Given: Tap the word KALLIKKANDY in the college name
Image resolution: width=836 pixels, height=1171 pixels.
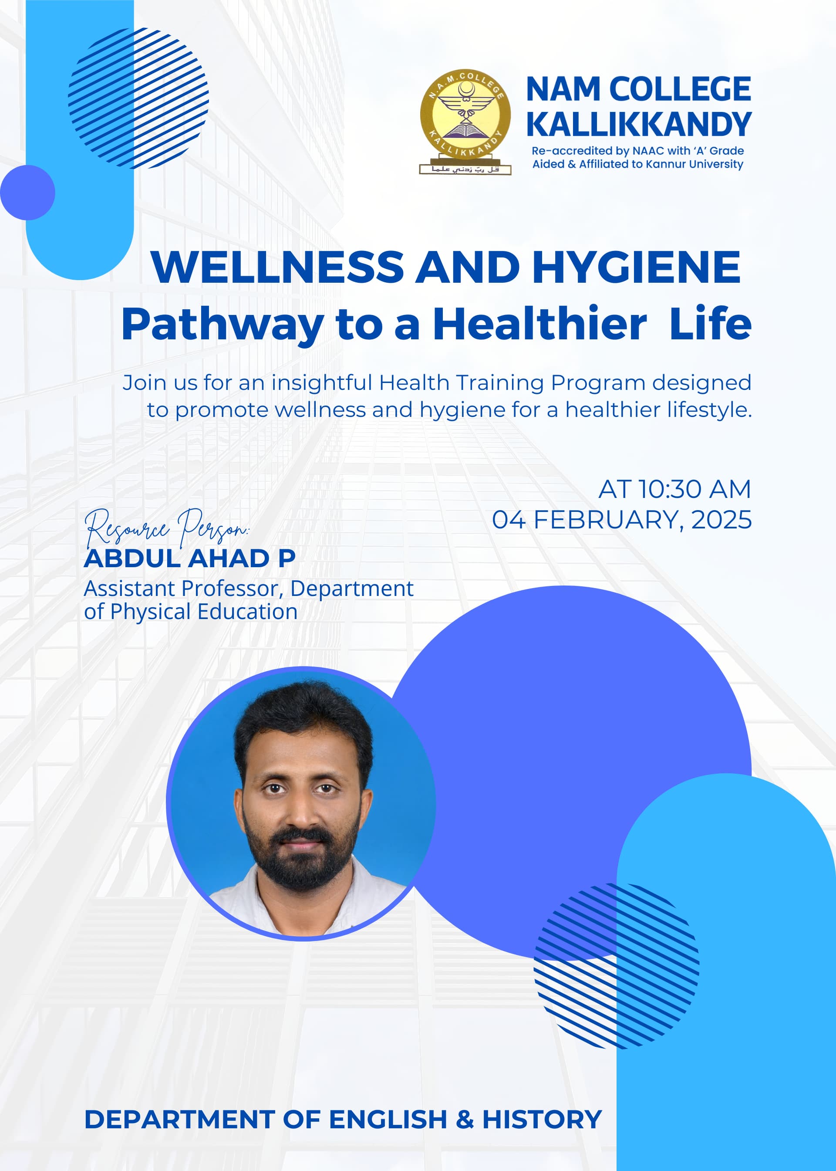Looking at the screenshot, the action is point(639,124).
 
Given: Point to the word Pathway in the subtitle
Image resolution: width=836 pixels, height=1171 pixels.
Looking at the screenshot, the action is point(222,325).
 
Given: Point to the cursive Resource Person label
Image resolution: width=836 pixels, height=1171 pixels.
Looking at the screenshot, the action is point(167,528).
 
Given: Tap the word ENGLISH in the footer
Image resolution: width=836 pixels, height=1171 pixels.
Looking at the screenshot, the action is point(388,1120).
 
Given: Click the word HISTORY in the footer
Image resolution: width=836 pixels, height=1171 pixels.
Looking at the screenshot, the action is point(542,1120).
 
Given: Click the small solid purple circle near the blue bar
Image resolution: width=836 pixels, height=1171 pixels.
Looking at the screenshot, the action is point(27,193).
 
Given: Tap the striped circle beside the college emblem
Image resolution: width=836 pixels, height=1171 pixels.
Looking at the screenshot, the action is point(138,98).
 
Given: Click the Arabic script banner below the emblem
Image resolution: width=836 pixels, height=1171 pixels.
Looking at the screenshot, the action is point(465,169).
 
